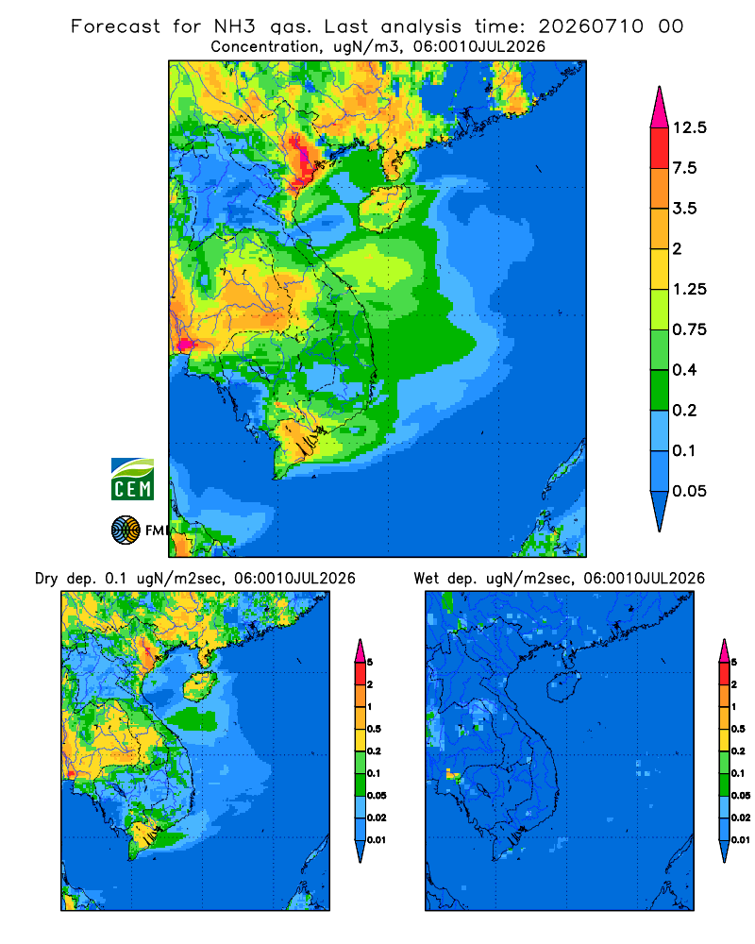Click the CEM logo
click(132, 480)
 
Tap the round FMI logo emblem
click(126, 530)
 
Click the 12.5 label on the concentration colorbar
click(689, 127)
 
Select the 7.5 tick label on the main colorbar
click(684, 168)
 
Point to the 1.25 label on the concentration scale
click(689, 289)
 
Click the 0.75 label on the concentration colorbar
click(689, 329)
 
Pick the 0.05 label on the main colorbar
click(689, 491)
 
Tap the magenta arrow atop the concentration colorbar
click(660, 109)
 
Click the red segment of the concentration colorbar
click(660, 148)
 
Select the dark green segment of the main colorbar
click(660, 390)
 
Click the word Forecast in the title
click(115, 26)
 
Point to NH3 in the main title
click(235, 26)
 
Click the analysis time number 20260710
click(591, 26)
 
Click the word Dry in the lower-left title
click(46, 580)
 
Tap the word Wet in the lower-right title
click(427, 579)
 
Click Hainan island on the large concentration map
click(383, 208)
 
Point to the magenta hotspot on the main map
click(185, 345)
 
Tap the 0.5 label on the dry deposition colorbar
click(374, 729)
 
